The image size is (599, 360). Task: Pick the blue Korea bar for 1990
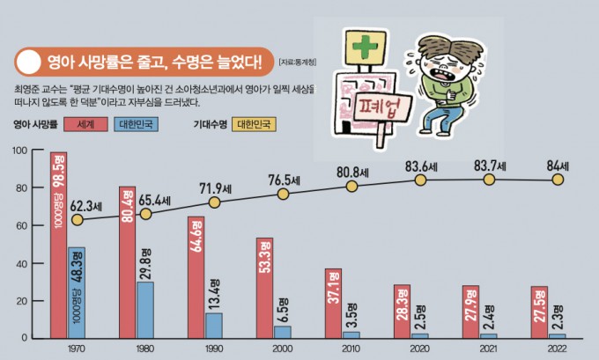(214, 325)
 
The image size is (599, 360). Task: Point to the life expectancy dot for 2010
(351, 187)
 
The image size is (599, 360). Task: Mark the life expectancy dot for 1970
(78, 220)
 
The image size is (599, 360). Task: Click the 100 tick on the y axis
(18, 151)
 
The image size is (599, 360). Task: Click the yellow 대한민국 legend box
(258, 124)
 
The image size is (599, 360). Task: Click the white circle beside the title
(28, 62)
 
